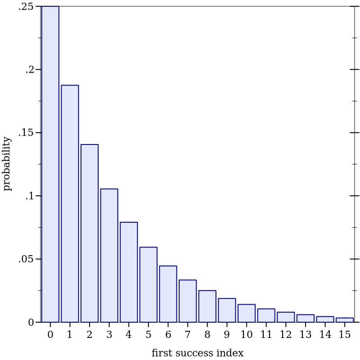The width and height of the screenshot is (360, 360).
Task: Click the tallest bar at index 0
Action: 50,164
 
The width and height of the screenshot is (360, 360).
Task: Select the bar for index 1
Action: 70,203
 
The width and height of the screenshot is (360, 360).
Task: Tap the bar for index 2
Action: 90,233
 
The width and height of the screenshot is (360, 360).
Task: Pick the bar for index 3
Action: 109,255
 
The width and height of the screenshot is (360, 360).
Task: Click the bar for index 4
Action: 129,272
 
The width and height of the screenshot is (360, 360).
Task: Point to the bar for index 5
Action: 148,284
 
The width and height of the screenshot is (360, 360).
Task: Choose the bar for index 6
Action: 168,294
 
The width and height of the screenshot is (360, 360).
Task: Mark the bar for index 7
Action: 188,301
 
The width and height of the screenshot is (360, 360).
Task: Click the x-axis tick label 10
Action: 247,335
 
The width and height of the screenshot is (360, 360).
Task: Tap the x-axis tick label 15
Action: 345,335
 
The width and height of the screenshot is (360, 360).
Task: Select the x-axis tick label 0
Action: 50,335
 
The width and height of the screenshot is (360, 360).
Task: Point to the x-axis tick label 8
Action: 207,335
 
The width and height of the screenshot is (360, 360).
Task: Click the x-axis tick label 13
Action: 306,335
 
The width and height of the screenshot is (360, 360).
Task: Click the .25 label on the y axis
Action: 26,6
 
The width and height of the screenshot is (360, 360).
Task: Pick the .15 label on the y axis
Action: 26,133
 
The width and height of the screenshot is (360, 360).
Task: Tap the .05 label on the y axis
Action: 26,259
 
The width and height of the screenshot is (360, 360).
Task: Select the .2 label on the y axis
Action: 29,70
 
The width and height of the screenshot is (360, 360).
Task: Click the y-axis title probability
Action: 7,164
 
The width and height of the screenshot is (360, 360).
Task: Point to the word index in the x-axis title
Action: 230,353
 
